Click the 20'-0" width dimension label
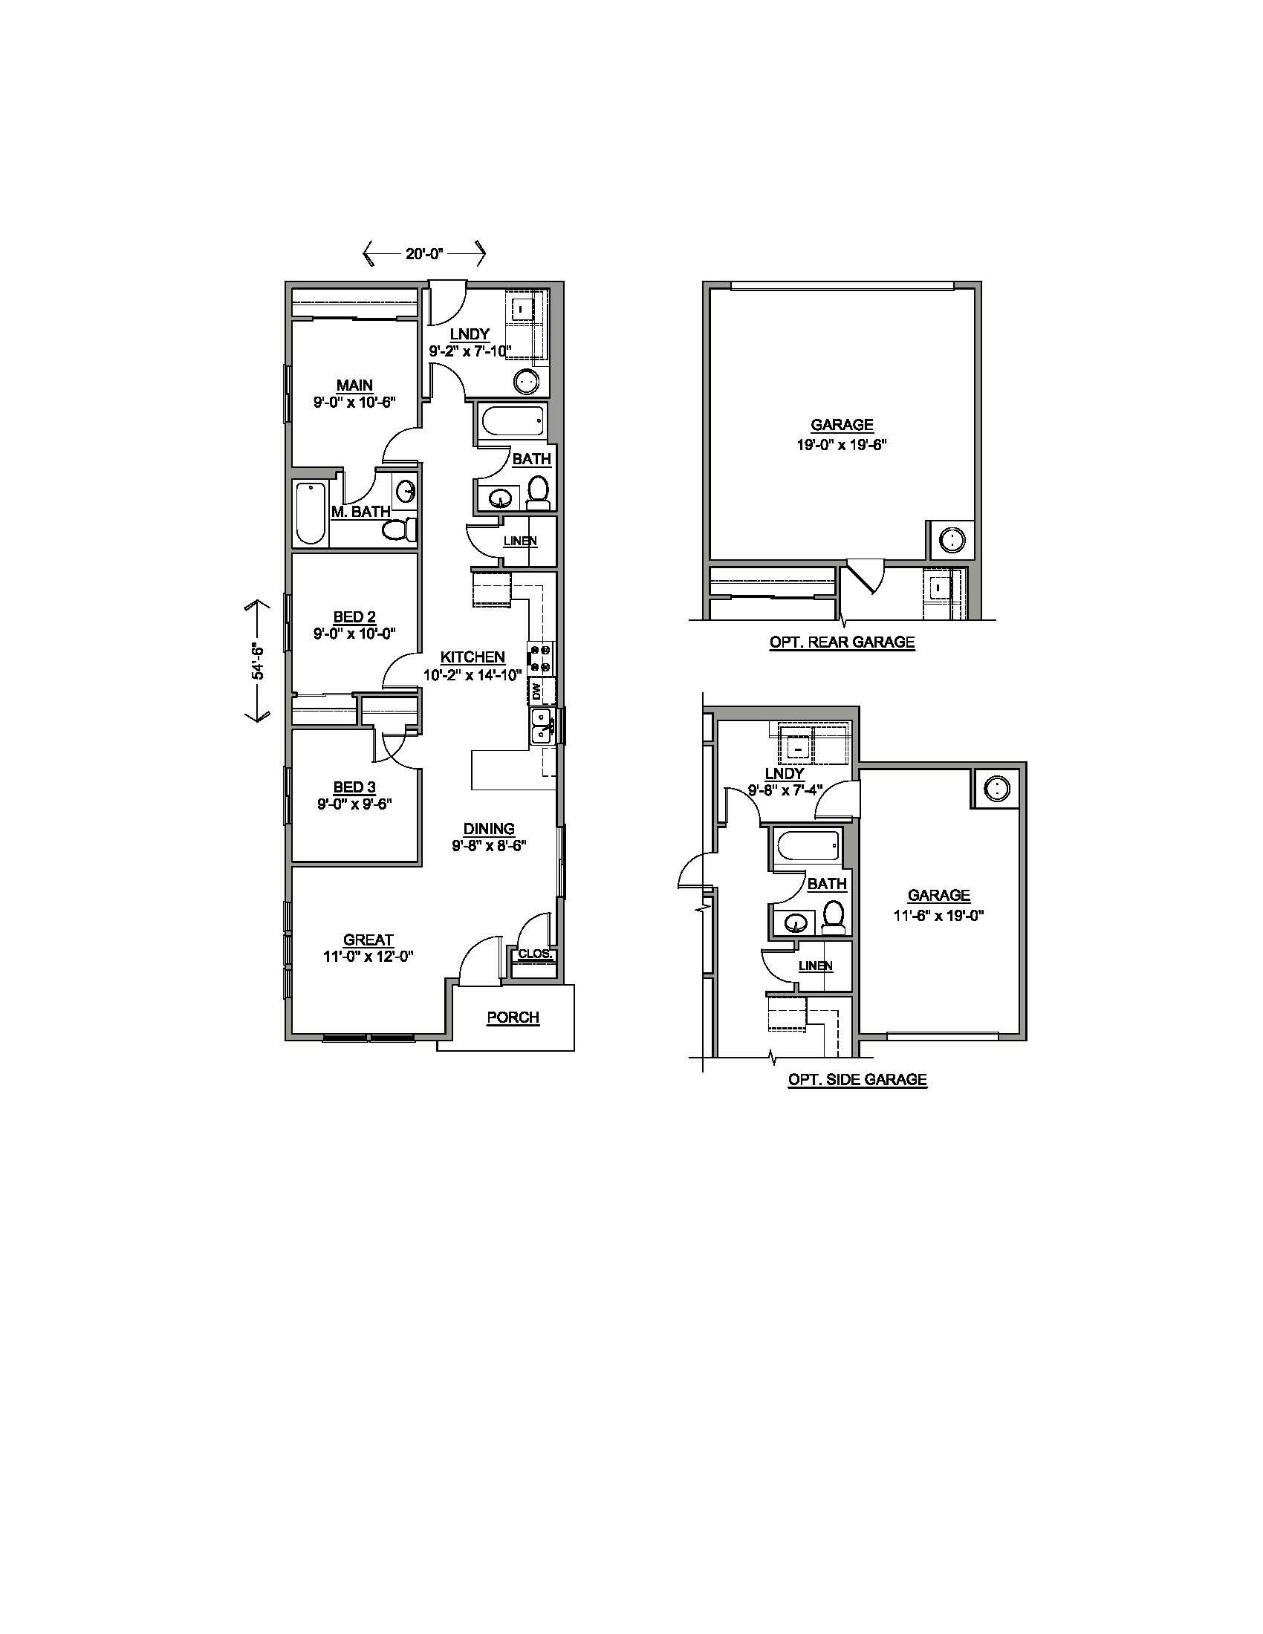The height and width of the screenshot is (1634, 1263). click(425, 253)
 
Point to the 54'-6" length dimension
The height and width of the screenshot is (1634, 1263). click(256, 660)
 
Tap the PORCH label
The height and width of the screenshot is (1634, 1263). click(513, 1018)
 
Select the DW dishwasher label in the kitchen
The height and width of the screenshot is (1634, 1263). click(536, 691)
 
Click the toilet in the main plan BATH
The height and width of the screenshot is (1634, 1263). click(538, 493)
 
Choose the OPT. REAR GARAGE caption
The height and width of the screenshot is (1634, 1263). click(842, 642)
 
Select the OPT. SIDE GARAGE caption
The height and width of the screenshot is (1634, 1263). click(857, 1080)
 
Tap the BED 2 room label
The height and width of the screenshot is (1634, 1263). click(354, 617)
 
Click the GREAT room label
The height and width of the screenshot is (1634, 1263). click(368, 940)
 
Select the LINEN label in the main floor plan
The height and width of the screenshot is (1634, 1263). click(520, 541)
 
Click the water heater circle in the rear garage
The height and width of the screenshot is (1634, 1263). click(952, 538)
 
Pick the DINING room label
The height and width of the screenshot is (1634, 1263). click(490, 829)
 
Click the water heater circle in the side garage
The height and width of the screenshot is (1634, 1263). click(996, 788)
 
